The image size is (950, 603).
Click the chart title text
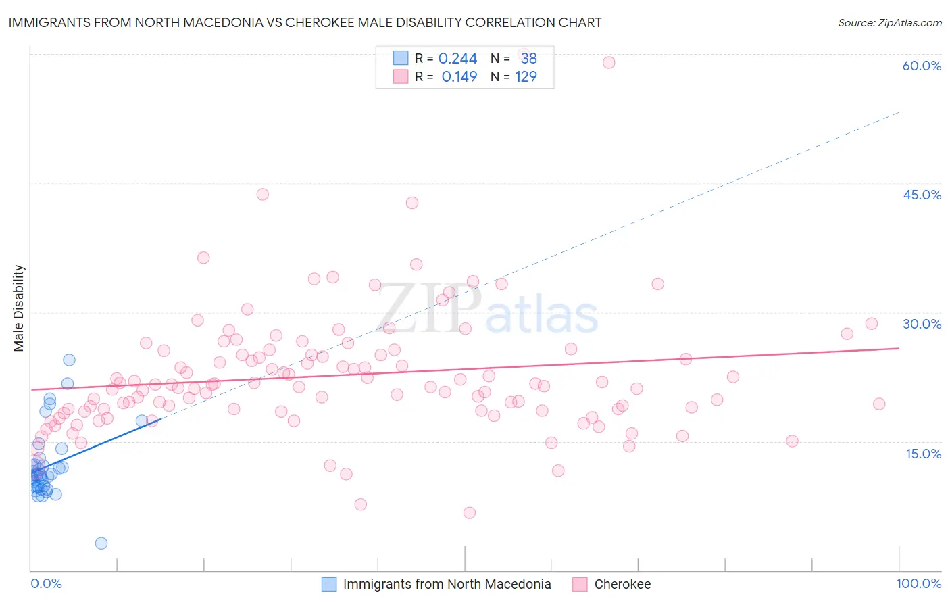pos(305,22)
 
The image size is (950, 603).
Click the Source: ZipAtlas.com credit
pos(889,22)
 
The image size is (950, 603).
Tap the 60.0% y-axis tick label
pos(922,66)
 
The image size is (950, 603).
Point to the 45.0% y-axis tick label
pos(922,195)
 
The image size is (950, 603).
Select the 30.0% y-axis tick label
pos(922,324)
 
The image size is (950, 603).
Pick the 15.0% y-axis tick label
pos(923,453)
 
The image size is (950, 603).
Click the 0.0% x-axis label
pos(46,583)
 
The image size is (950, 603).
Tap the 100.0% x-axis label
pos(918,583)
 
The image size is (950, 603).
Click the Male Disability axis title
pos(19,308)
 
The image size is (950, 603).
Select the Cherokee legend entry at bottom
pos(622,584)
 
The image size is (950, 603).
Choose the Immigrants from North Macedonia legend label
pos(447,584)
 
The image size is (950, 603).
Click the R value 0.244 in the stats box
pos(457,58)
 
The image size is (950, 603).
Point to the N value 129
pos(526,76)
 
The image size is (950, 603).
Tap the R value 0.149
pos(459,76)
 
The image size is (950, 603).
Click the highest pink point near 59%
pos(609,62)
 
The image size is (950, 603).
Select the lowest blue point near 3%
pos(101,543)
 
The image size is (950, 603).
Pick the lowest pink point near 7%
pos(470,512)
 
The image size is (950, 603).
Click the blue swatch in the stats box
pos(401,58)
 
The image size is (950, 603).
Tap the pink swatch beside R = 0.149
pos(401,76)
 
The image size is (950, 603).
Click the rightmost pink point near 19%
pos(879,404)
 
